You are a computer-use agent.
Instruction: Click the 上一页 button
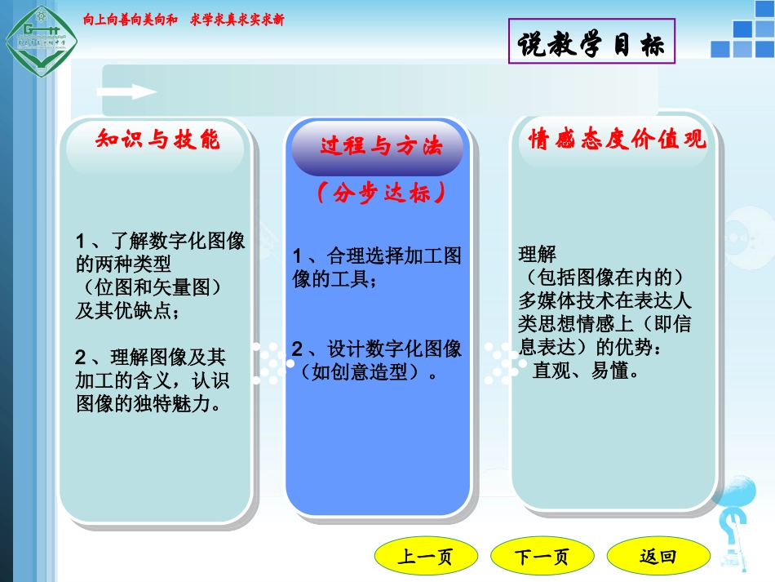425,558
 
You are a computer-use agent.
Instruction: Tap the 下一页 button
541,558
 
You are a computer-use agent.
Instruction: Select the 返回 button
657,557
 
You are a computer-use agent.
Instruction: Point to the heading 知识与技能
157,140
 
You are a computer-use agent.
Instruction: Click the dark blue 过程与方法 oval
380,148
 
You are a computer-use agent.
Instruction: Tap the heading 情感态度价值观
617,140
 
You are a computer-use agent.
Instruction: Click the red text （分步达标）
380,194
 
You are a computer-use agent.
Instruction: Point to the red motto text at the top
184,20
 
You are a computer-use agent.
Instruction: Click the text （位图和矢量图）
153,287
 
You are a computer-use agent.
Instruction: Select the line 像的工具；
334,280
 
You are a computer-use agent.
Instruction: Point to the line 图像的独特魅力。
148,404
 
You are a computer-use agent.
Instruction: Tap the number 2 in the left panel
81,357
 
